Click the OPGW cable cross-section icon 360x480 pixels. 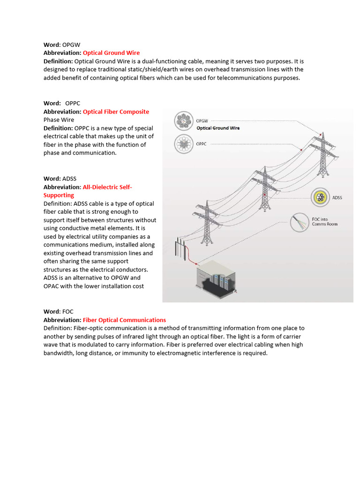click(x=182, y=121)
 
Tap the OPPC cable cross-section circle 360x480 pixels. click(x=182, y=144)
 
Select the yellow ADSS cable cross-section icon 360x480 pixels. click(x=321, y=198)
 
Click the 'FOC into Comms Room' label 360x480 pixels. click(x=324, y=222)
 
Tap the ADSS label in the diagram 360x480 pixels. click(x=337, y=198)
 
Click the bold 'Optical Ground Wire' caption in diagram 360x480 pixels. click(x=218, y=128)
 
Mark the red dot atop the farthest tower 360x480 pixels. click(x=321, y=135)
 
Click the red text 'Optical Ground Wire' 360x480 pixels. click(x=111, y=52)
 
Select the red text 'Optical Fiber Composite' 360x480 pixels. click(x=116, y=112)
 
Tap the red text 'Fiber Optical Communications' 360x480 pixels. click(x=124, y=320)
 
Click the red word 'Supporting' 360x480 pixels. click(x=59, y=195)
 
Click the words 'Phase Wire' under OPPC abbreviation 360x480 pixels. click(x=59, y=120)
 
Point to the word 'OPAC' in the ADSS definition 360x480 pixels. click(x=52, y=286)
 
